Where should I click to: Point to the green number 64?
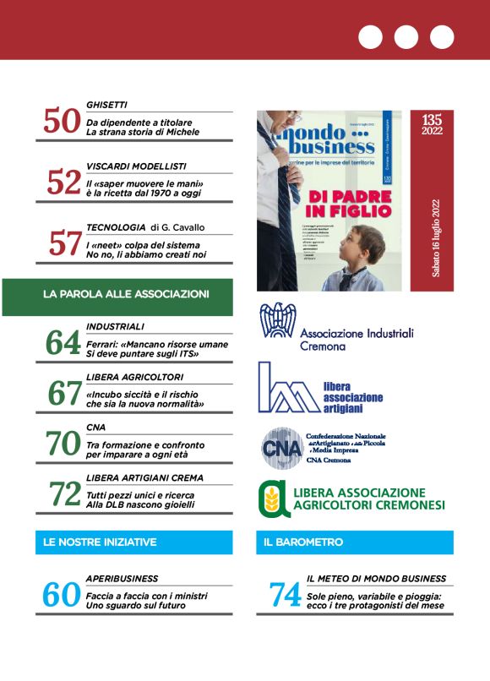click(x=63, y=344)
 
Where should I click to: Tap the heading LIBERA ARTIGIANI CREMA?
click(x=144, y=478)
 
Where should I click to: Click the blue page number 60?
click(x=61, y=595)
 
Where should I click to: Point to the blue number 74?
click(x=285, y=595)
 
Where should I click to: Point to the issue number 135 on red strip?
click(x=431, y=122)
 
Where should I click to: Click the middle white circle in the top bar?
click(x=406, y=37)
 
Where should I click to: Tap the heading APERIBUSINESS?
click(x=122, y=579)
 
